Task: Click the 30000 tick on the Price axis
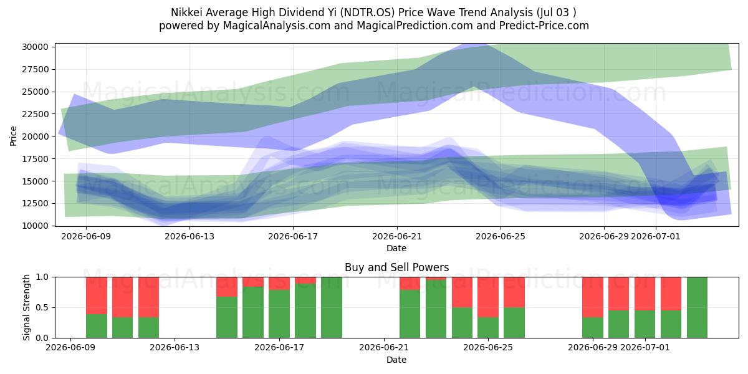pos(36,47)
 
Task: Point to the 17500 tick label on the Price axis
pos(36,159)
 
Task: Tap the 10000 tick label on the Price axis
pos(36,226)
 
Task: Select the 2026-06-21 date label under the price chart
pos(397,236)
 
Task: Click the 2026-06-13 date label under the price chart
pos(189,236)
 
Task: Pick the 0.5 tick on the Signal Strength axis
pos(42,307)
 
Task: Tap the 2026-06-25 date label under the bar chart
pos(488,348)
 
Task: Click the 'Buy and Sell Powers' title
pos(396,267)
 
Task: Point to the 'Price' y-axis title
pos(13,136)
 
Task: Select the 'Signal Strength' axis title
pos(26,307)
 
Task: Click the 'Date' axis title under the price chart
pos(396,248)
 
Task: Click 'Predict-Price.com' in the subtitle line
pos(544,26)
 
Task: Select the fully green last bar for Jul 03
pos(697,307)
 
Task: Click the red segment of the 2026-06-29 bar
pos(593,297)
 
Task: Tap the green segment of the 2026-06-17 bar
pos(279,314)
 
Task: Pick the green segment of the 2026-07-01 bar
pos(645,324)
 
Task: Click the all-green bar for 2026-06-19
pos(332,307)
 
